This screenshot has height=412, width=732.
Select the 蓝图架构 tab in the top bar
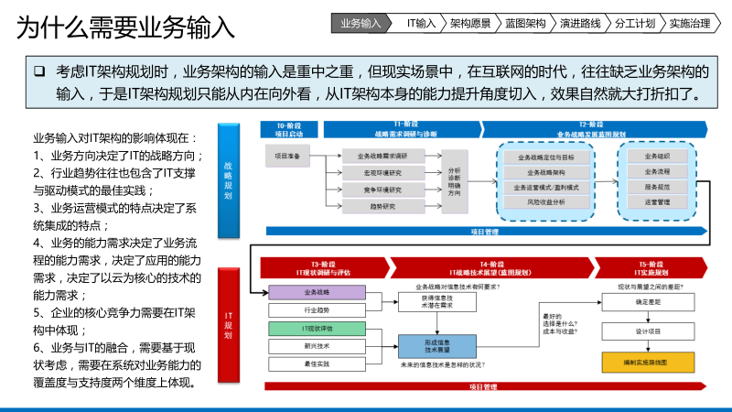tap(524, 23)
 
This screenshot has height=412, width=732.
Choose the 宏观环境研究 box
tap(382, 171)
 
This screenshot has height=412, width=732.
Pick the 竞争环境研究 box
tap(382, 189)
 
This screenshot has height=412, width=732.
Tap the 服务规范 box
tap(657, 187)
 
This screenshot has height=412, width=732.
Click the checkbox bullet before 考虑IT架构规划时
tap(39, 71)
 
